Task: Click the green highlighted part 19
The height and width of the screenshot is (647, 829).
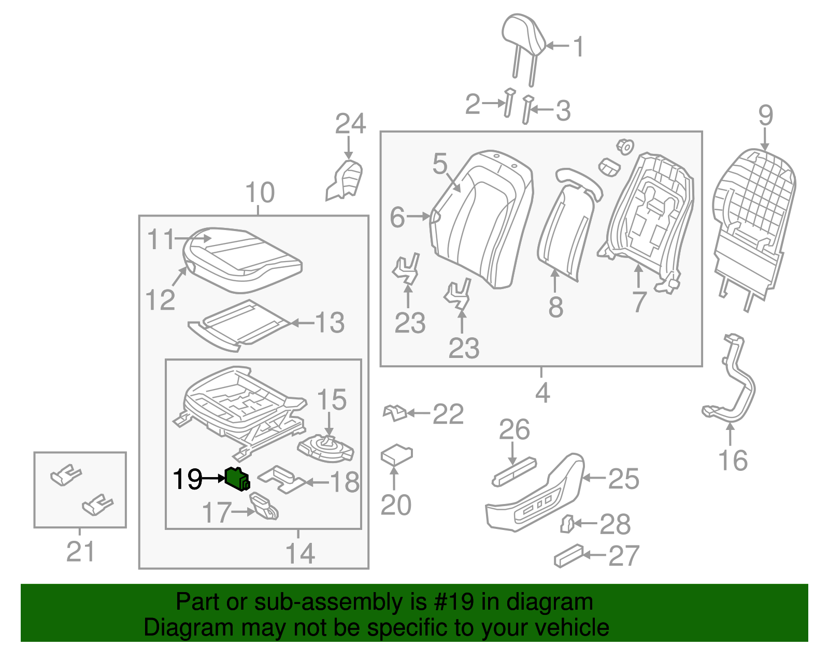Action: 237,478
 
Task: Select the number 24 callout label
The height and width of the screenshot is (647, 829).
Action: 350,124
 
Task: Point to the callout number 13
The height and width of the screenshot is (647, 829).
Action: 330,323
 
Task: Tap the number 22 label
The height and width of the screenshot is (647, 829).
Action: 448,414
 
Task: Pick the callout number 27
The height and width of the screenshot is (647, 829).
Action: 624,556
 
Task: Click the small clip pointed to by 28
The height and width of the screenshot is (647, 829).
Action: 567,524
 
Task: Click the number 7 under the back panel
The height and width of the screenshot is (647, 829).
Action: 639,301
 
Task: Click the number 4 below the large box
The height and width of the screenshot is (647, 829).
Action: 542,393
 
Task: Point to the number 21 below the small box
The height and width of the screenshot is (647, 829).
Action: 80,552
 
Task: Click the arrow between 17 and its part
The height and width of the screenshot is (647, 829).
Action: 241,512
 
